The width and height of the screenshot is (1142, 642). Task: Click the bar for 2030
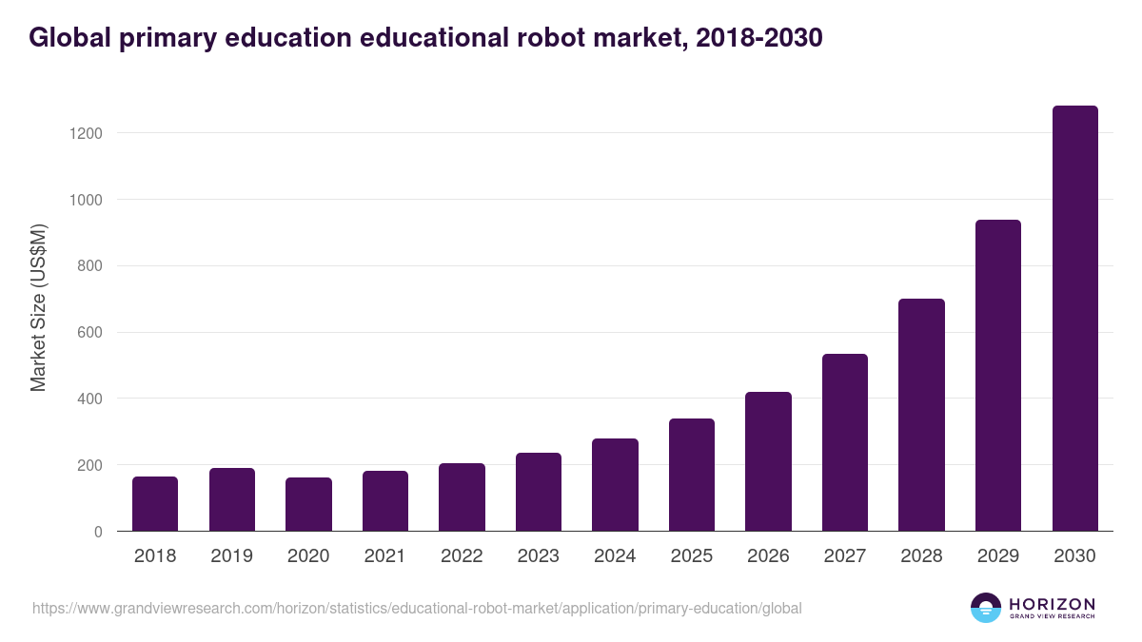click(x=1074, y=319)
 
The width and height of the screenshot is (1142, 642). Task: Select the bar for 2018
click(x=155, y=504)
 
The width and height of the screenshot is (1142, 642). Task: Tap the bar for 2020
click(x=308, y=504)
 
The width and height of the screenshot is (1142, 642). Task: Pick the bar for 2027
click(x=845, y=442)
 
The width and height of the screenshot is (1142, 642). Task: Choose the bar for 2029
click(x=998, y=376)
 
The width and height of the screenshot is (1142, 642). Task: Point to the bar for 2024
click(x=615, y=485)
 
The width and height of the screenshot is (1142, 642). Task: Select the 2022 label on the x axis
click(x=462, y=556)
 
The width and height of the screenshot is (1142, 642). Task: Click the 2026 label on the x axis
click(x=768, y=556)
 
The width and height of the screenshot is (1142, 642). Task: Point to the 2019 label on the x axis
click(x=231, y=556)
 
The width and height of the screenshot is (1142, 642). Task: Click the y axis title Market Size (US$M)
click(x=38, y=308)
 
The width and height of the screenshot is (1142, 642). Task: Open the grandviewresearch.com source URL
click(x=417, y=608)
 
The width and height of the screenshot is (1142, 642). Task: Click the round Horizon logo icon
click(x=986, y=608)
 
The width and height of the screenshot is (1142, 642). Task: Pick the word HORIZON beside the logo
click(x=1052, y=604)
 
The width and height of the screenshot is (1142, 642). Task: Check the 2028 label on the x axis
click(x=921, y=556)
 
